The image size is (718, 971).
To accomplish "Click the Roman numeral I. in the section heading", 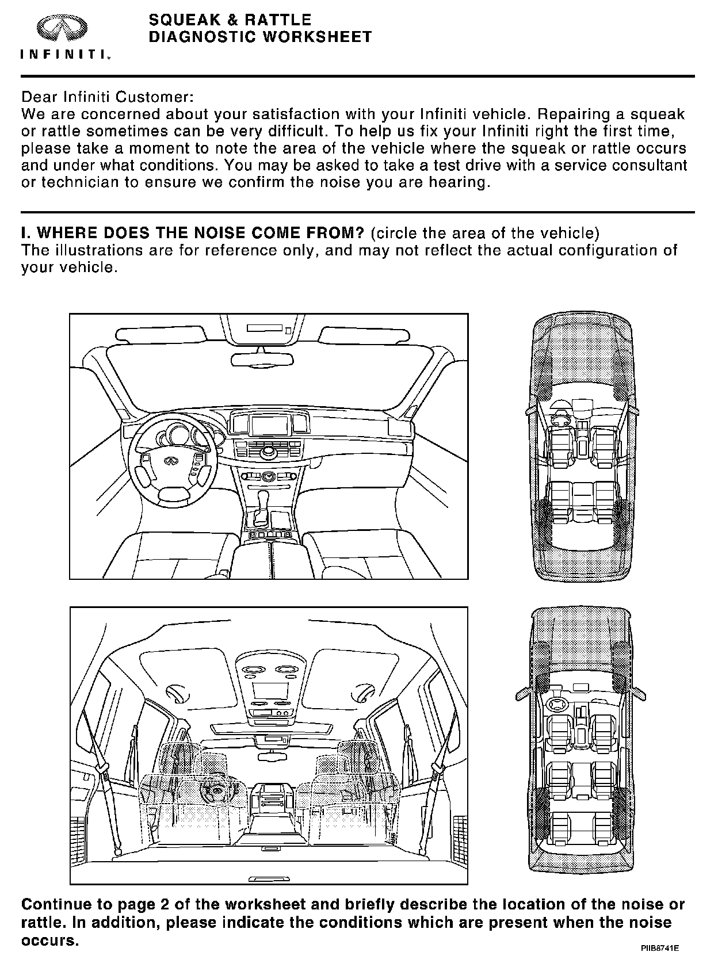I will pos(25,234).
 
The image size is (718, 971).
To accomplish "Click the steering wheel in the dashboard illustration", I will pos(171,462).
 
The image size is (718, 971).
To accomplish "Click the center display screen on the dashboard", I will pos(269,425).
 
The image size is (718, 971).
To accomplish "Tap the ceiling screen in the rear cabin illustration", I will pos(270,691).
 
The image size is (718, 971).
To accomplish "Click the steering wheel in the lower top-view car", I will pos(557,704).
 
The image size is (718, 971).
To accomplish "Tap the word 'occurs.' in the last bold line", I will pos(49,942).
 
